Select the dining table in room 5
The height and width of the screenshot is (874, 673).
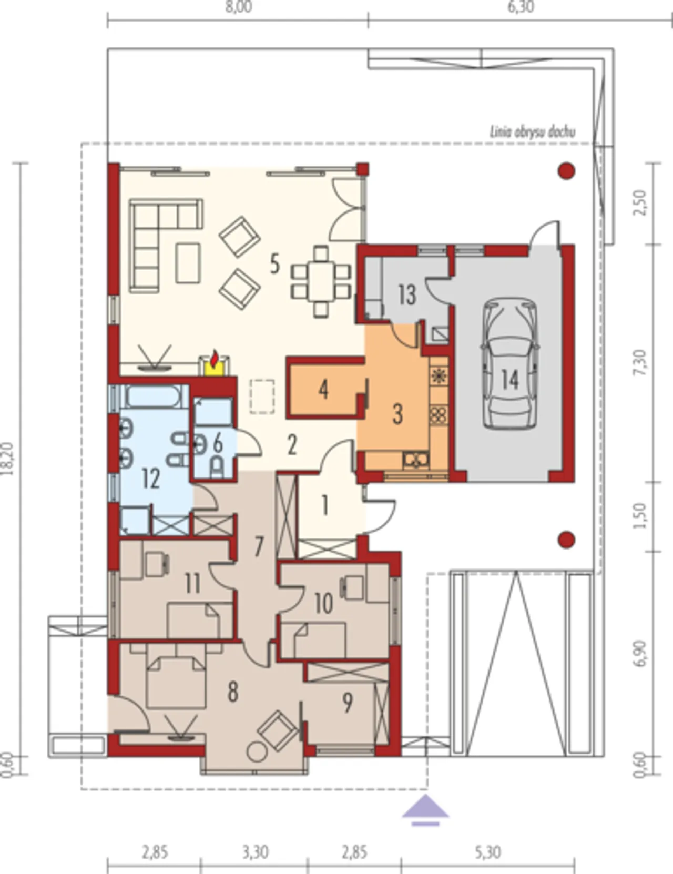(321, 281)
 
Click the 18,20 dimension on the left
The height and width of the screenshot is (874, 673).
(8, 459)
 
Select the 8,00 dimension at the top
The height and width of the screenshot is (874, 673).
(239, 7)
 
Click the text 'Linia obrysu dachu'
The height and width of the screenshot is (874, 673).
(532, 132)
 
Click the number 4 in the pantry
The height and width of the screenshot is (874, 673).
(324, 389)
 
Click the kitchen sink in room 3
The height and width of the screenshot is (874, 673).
(416, 459)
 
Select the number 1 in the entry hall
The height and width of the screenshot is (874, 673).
(325, 505)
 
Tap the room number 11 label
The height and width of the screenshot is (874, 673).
(193, 584)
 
